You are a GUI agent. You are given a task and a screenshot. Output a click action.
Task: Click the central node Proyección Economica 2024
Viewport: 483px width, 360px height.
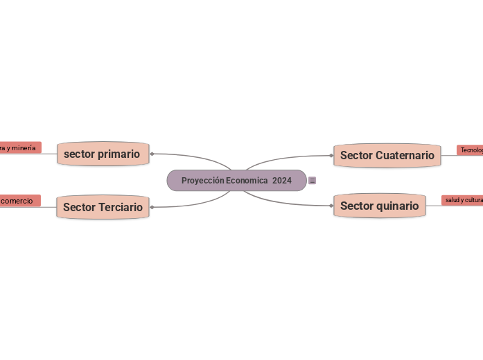click(236, 180)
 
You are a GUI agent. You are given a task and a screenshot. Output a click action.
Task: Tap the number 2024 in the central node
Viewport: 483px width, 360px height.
click(282, 180)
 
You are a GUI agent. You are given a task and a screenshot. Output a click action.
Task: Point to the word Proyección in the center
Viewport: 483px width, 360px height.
click(202, 180)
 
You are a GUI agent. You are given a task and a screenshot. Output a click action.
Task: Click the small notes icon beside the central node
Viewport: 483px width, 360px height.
click(313, 181)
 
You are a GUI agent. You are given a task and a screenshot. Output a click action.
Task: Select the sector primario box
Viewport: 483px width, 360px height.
click(103, 154)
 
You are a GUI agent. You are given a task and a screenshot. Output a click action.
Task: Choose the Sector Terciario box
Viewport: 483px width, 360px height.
click(103, 207)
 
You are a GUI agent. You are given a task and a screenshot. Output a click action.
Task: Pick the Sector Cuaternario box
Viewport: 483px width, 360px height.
click(387, 155)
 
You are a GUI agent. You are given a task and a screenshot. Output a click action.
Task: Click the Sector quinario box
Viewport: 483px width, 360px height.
click(379, 206)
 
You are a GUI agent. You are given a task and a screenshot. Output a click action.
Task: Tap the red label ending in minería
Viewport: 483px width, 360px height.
click(19, 147)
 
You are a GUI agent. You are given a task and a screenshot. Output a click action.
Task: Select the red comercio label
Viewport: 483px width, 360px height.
click(19, 201)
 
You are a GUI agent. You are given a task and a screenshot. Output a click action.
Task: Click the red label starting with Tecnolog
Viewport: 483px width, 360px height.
click(471, 150)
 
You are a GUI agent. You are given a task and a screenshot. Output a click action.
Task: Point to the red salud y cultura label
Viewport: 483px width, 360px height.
click(463, 200)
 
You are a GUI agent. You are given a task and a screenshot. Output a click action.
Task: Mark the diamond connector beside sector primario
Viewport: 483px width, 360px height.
click(151, 154)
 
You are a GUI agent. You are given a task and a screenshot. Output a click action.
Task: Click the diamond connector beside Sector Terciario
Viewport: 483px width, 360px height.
click(151, 206)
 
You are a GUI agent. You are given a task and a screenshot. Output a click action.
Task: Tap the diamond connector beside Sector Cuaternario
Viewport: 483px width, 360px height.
click(332, 155)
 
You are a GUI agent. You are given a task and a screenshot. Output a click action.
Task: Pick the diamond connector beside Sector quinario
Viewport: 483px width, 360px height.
click(333, 205)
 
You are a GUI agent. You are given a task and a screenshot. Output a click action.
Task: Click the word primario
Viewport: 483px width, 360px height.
click(119, 154)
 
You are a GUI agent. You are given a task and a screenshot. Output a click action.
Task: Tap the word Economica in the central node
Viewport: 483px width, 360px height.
click(247, 180)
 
